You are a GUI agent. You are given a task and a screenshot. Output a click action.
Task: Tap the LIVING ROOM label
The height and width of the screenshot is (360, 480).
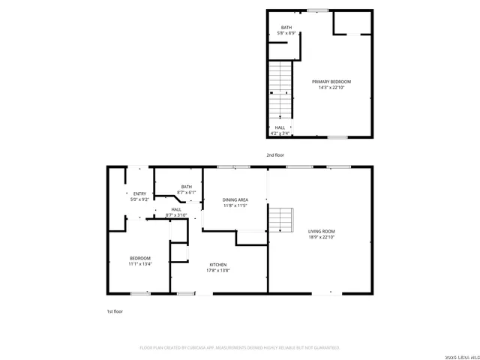click(321, 232)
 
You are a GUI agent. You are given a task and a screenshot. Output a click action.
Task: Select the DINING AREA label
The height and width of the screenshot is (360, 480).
click(235, 199)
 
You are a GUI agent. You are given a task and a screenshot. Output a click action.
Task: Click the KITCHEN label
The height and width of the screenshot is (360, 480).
click(217, 265)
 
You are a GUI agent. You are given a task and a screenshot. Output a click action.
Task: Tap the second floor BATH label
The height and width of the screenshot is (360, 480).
click(286, 28)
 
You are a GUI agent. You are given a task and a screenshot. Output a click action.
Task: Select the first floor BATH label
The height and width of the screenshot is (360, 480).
click(186, 187)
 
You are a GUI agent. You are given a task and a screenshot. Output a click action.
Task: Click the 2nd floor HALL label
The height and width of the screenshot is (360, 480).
click(279, 127)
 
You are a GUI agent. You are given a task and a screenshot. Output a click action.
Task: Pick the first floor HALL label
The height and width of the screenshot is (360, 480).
click(176, 209)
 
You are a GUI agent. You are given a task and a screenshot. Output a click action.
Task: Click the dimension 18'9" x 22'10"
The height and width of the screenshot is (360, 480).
click(321, 238)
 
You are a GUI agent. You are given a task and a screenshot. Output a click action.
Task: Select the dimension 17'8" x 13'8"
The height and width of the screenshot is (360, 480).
click(217, 271)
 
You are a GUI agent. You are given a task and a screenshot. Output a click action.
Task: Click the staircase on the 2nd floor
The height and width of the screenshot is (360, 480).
click(280, 88)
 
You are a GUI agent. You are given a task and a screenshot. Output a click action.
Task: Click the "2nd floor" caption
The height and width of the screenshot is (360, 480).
click(275, 155)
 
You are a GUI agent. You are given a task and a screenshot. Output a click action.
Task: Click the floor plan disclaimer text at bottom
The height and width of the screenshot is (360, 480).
click(240, 348)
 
